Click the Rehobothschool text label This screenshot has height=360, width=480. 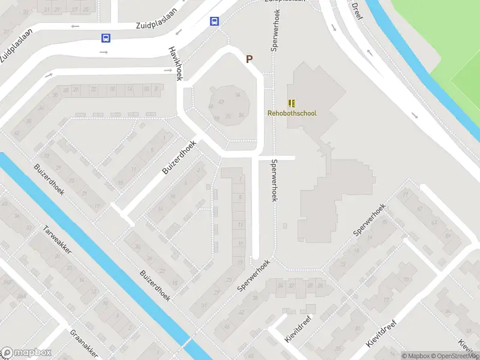292,113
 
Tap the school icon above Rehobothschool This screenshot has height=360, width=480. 292,103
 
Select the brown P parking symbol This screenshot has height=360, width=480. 249,59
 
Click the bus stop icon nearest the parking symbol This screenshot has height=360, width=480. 214,22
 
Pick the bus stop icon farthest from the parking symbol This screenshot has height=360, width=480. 106,38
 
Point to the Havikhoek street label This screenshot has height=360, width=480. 175,64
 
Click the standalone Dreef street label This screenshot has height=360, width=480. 357,10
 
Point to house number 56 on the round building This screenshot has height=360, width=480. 241,115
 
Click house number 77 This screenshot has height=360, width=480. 386,300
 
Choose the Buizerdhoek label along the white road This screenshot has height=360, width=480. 179,158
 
